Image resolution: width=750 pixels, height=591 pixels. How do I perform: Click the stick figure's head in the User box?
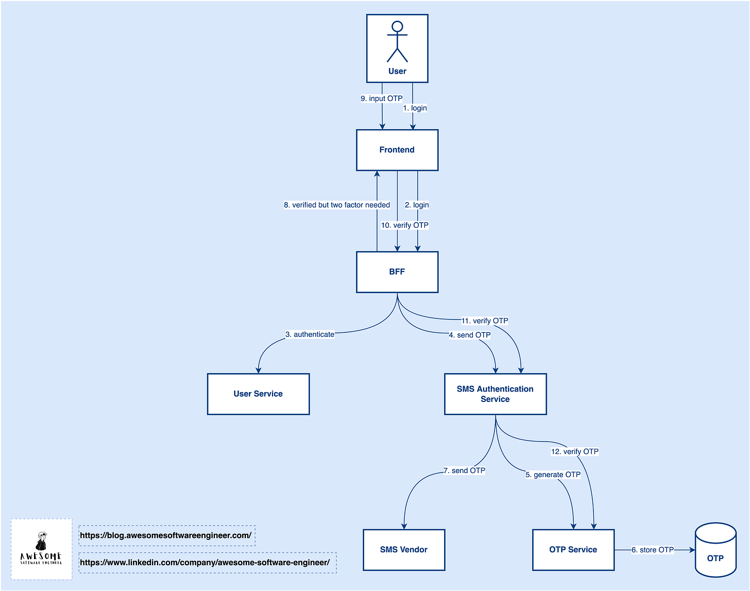pyautogui.click(x=397, y=27)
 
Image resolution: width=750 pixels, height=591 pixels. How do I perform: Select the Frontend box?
pyautogui.click(x=397, y=150)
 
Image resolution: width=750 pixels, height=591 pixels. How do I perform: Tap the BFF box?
pyautogui.click(x=397, y=272)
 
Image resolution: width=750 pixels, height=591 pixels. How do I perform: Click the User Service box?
pyautogui.click(x=258, y=394)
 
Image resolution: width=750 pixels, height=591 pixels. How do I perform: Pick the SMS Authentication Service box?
pyautogui.click(x=495, y=394)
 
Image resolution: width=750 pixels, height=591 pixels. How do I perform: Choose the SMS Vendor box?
pyautogui.click(x=404, y=550)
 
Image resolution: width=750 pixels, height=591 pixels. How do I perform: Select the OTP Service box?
pyautogui.click(x=573, y=550)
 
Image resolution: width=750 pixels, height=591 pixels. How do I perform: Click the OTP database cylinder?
pyautogui.click(x=715, y=551)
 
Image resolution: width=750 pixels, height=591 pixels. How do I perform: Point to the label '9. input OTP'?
pyautogui.click(x=382, y=98)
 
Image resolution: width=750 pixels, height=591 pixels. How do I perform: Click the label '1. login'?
pyautogui.click(x=415, y=108)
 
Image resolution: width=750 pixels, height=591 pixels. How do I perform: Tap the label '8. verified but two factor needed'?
pyautogui.click(x=337, y=205)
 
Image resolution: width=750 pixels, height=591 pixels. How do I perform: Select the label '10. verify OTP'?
pyautogui.click(x=405, y=225)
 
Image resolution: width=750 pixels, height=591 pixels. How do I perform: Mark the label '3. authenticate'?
pyautogui.click(x=310, y=334)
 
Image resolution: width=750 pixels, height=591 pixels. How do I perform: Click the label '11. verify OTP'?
pyautogui.click(x=485, y=321)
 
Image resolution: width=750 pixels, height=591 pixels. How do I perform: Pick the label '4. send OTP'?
pyautogui.click(x=470, y=335)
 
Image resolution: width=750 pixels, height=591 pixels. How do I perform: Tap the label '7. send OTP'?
pyautogui.click(x=464, y=471)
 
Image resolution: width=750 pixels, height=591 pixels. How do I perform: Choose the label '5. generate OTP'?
pyautogui.click(x=553, y=475)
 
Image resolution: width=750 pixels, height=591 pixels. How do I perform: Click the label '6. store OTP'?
pyautogui.click(x=653, y=550)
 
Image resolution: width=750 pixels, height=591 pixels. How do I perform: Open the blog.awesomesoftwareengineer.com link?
pyautogui.click(x=166, y=536)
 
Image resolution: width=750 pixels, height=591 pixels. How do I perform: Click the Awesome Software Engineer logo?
pyautogui.click(x=41, y=549)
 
